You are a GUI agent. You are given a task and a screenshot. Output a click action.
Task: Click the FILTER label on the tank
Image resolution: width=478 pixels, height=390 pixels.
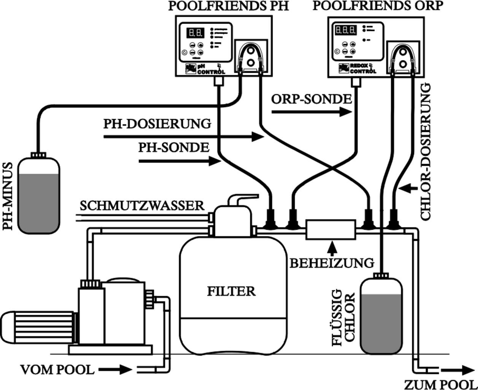(x=231, y=291)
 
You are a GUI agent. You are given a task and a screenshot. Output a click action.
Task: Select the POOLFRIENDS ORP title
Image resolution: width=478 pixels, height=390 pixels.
(x=378, y=6)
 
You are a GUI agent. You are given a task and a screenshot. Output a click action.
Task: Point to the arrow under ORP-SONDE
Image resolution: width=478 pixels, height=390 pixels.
(x=312, y=112)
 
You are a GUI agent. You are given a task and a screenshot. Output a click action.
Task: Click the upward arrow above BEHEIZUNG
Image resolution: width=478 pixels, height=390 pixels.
(x=333, y=248)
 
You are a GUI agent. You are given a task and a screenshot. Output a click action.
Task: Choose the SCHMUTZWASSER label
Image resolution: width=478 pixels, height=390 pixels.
(x=142, y=206)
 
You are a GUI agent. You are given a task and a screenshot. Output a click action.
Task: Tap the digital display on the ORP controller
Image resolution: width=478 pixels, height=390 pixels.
(x=345, y=30)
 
